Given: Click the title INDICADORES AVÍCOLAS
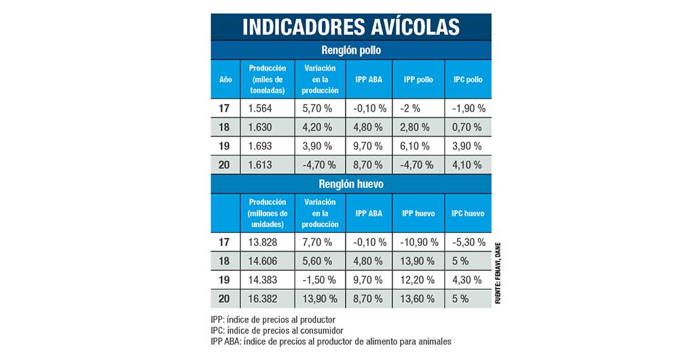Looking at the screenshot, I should [x=350, y=26].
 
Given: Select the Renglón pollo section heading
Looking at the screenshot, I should [x=350, y=50].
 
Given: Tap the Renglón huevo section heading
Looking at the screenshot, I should [x=350, y=184].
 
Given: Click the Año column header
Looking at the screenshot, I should [x=225, y=79].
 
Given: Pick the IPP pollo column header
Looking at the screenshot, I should [x=418, y=79].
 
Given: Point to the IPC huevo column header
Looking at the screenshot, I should [x=468, y=213].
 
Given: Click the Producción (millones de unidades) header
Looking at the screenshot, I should [x=268, y=213].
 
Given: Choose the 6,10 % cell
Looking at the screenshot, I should [x=416, y=146].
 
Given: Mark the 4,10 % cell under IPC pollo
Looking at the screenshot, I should [x=466, y=164].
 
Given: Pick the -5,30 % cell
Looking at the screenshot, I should [x=468, y=242].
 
